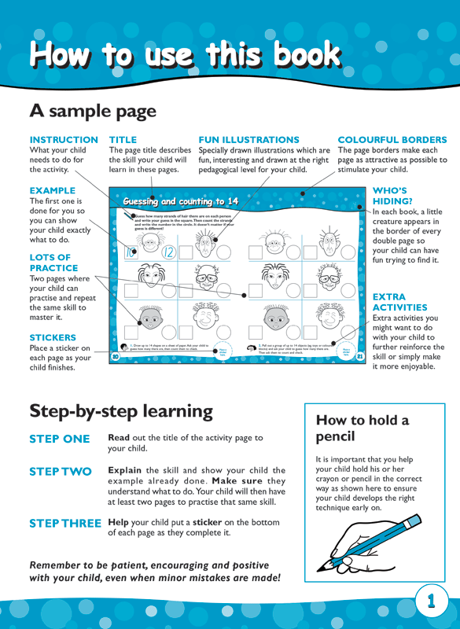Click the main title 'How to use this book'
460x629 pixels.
pos(185,55)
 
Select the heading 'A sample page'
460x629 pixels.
pos(93,111)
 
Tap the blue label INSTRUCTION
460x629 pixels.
pos(64,139)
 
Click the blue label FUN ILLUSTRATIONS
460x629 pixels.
pos(248,139)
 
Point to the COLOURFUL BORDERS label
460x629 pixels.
pos(392,139)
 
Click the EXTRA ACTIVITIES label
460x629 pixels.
pos(399,302)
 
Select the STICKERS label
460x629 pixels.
pos(53,337)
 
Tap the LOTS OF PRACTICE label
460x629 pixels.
pos(53,263)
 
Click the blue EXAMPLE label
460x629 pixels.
pos(52,190)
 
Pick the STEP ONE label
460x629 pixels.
pos(60,439)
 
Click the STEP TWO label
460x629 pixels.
pos(60,472)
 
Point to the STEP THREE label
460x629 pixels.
pos(65,523)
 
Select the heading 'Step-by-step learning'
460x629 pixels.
pos(121,410)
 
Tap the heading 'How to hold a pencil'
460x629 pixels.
pos(362,428)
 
